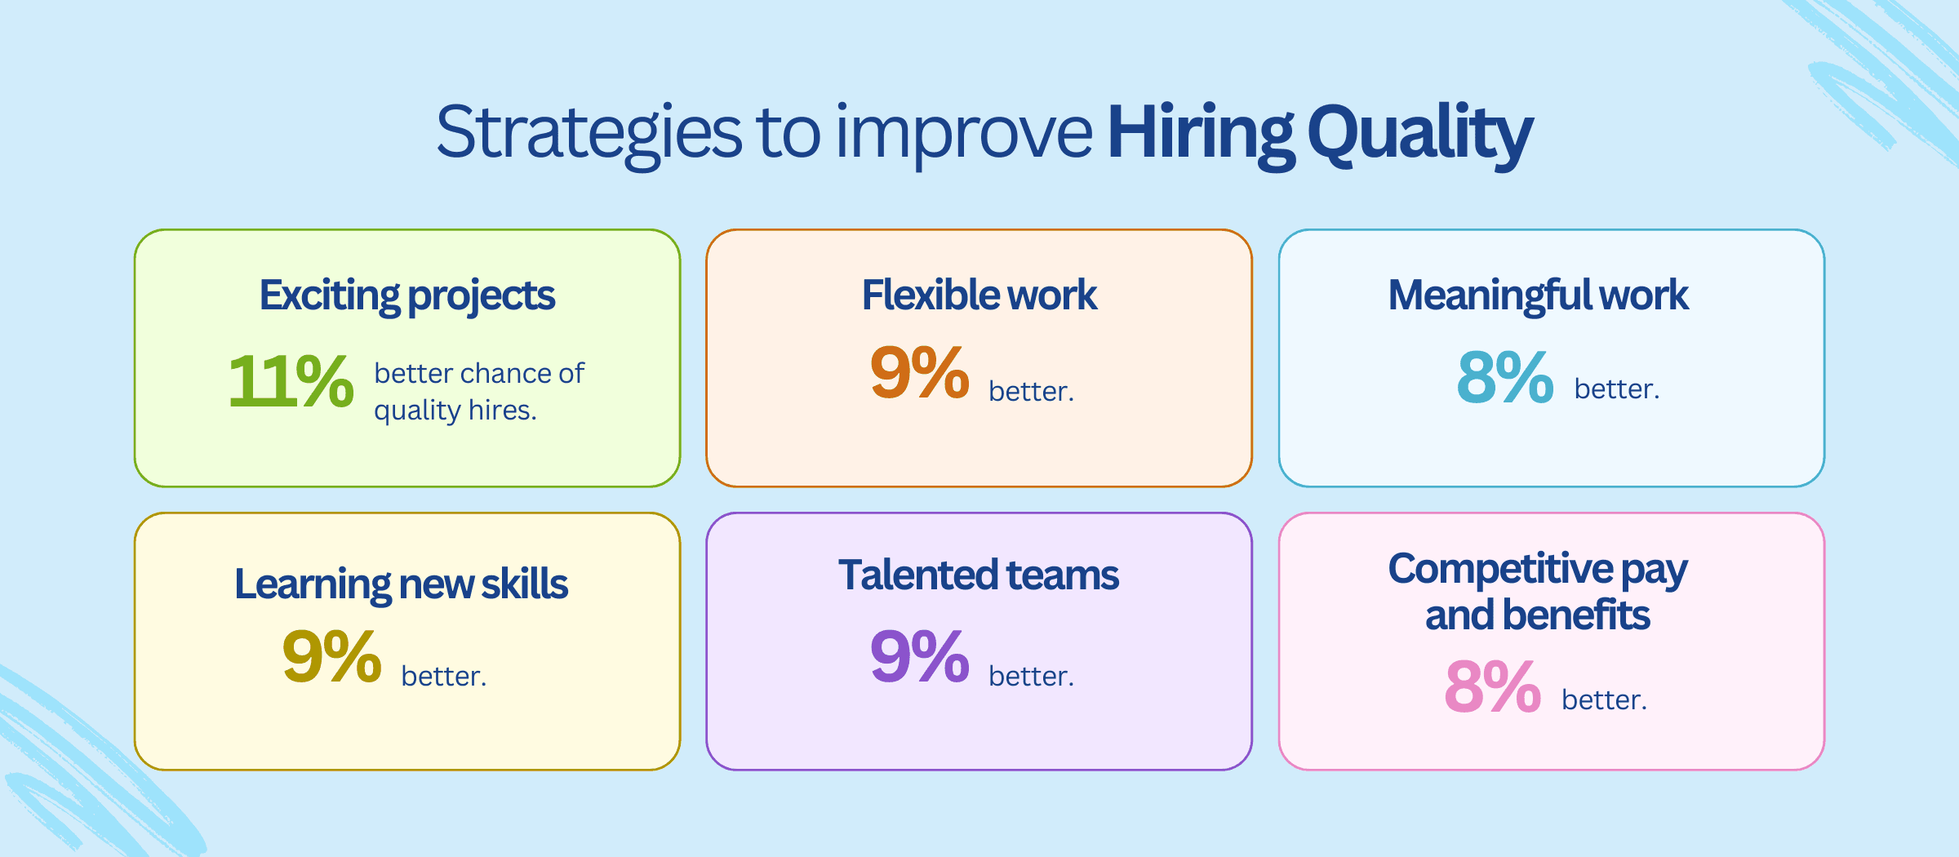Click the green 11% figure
291,380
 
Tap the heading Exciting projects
407,295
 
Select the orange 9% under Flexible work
919,373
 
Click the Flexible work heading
979,295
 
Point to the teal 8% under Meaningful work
1504,377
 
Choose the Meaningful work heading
1538,295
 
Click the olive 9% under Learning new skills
331,657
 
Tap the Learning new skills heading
401,584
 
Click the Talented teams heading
978,575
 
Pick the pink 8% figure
1492,687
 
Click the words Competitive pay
1537,569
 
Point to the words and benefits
1537,615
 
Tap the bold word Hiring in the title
1200,133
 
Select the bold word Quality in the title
1420,133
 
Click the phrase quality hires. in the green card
455,411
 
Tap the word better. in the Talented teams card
1031,677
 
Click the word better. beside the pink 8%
1604,700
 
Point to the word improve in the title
963,133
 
